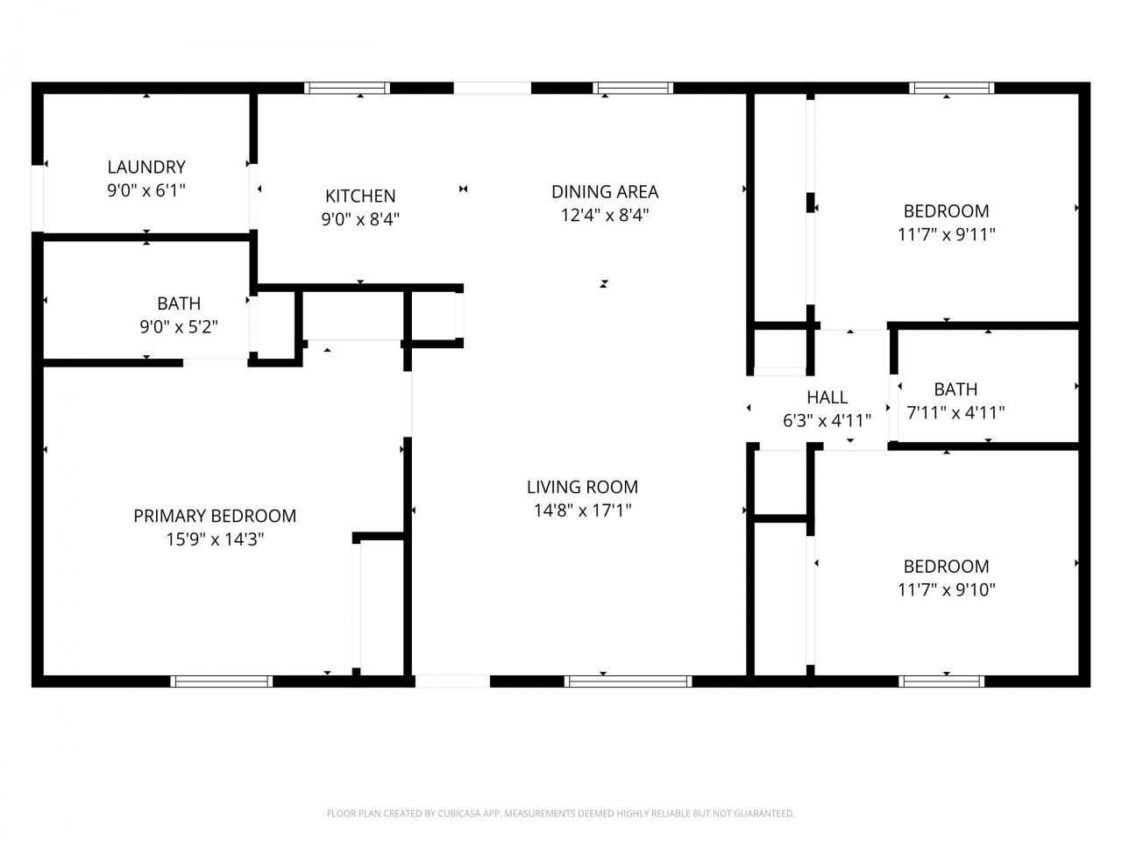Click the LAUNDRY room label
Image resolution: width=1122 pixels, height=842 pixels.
(146, 167)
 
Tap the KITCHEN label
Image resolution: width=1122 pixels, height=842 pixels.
(360, 196)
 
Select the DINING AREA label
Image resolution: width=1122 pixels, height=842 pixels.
(605, 191)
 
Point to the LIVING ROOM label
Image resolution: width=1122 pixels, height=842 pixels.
(582, 487)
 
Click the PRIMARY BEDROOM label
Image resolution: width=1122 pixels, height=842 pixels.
(215, 516)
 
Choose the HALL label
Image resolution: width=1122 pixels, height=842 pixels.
(827, 397)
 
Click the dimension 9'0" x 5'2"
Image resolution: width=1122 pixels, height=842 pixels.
(179, 327)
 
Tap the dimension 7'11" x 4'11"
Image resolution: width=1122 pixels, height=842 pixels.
(955, 412)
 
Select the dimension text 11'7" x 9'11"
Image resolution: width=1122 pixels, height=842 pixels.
(947, 234)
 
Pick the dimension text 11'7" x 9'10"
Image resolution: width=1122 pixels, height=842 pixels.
(947, 589)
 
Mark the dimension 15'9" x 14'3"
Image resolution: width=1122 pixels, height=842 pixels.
(215, 539)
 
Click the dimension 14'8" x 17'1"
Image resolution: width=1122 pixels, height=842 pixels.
(582, 510)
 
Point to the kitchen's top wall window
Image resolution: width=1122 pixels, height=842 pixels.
(347, 88)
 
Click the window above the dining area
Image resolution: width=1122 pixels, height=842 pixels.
(633, 88)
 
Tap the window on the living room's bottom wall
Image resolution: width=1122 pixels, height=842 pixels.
(628, 681)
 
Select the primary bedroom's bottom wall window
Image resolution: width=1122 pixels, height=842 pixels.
(222, 681)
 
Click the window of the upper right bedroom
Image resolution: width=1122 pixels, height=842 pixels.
(952, 88)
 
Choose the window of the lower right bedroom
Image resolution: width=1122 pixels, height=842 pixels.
(941, 681)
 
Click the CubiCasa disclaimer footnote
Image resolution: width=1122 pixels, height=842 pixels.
(561, 814)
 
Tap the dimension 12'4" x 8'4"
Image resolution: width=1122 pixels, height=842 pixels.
(605, 215)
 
